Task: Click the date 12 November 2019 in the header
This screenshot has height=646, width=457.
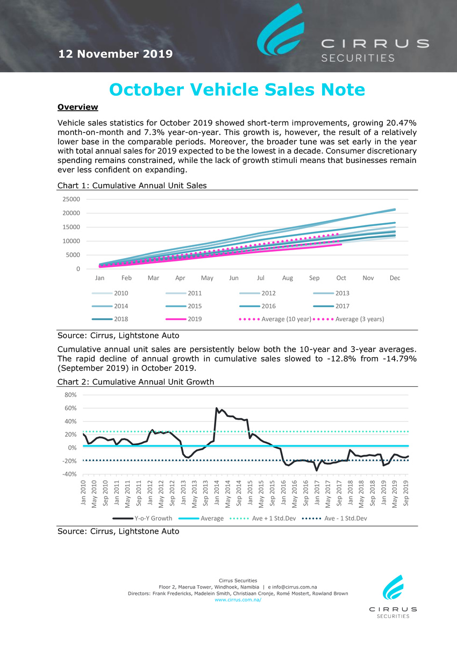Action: (116, 54)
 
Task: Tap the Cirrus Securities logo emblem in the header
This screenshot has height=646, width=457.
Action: (281, 30)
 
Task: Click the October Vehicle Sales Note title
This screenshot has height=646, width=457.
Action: (237, 89)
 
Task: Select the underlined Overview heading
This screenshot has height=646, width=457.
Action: (78, 107)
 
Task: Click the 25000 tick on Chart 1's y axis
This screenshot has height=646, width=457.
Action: (71, 199)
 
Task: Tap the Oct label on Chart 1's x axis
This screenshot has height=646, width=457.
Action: (341, 278)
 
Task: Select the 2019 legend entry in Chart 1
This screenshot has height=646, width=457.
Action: (184, 319)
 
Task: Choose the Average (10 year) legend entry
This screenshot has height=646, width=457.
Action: (275, 319)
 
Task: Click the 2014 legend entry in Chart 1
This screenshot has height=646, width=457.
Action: (110, 306)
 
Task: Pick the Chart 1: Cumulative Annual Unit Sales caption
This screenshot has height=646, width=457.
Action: (132, 186)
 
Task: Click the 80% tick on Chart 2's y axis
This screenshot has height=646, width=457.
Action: (70, 395)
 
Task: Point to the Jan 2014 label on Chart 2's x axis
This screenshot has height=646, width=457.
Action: (217, 493)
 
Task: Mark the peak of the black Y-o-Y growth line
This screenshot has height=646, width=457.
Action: (216, 408)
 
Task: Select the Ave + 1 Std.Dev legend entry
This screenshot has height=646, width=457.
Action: (263, 518)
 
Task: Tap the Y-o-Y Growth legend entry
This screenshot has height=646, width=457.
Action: (142, 518)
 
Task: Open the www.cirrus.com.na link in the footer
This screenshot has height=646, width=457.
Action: (238, 600)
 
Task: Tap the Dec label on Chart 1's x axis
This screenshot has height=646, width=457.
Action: (395, 278)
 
